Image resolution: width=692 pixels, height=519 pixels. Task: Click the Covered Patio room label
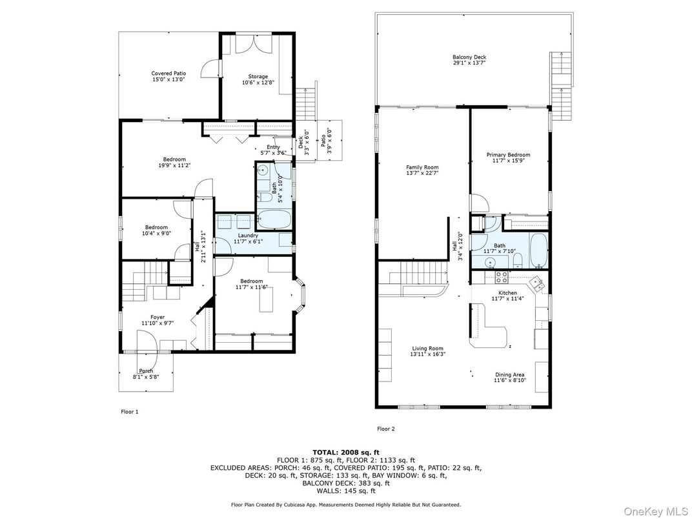tap(168, 74)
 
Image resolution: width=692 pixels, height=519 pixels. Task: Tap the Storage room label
tap(254, 76)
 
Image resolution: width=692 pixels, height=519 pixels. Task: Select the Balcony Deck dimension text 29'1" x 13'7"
tap(469, 63)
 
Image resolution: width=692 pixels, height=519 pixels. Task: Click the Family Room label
tap(422, 167)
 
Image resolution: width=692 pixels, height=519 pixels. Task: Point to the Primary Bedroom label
tap(508, 155)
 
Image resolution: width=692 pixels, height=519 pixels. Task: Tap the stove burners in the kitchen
tap(501, 278)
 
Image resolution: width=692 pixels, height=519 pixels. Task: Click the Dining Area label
tap(509, 375)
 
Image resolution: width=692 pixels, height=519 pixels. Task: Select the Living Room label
tap(428, 349)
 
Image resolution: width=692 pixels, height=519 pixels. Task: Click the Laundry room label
tap(248, 236)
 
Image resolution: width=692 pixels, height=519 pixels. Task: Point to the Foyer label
tap(158, 317)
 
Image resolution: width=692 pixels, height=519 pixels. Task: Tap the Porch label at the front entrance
tap(146, 371)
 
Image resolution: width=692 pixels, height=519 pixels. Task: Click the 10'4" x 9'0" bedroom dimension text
tap(156, 233)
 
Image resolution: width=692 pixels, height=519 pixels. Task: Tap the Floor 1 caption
tap(130, 411)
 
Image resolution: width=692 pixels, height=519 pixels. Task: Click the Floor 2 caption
tap(385, 429)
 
